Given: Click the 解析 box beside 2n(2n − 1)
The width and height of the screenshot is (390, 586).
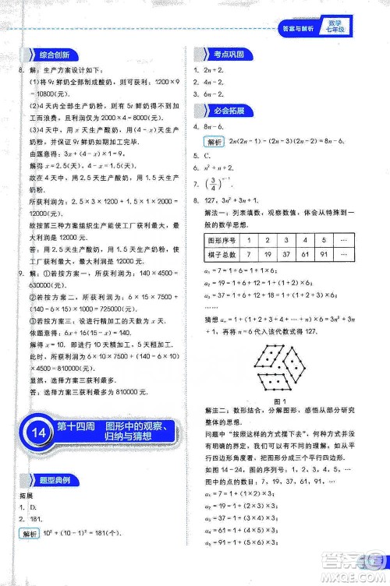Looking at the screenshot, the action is point(212,142).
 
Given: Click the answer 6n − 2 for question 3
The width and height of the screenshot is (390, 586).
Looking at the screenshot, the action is point(215,93).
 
